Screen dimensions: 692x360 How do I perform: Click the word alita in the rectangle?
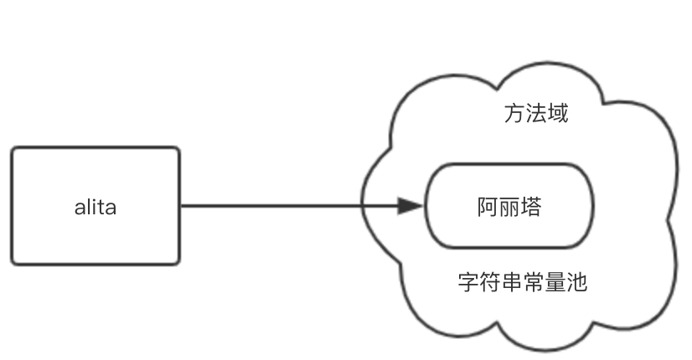(96, 208)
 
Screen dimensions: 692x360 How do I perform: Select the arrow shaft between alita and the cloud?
(289, 206)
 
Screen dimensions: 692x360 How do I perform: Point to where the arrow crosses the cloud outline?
(362, 206)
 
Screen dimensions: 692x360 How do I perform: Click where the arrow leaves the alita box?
(180, 206)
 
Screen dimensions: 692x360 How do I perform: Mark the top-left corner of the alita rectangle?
(12, 148)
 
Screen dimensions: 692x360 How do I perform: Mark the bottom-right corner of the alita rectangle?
(179, 264)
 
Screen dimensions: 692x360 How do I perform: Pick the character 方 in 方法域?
(514, 113)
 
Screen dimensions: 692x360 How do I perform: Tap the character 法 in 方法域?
(536, 113)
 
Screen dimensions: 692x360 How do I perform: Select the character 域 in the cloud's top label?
(558, 113)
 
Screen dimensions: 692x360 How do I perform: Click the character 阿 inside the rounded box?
(488, 207)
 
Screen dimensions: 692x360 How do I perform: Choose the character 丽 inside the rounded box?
(509, 207)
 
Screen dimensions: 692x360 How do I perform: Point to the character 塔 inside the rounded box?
(531, 207)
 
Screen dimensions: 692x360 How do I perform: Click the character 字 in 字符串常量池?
(468, 282)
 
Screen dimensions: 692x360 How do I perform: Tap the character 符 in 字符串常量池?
(490, 282)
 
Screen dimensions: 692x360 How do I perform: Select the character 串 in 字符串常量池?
(512, 282)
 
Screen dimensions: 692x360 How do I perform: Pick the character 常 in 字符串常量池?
(534, 282)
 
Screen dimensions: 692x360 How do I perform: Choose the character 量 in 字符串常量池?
(555, 282)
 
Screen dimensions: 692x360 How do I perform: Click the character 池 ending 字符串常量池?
(577, 282)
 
